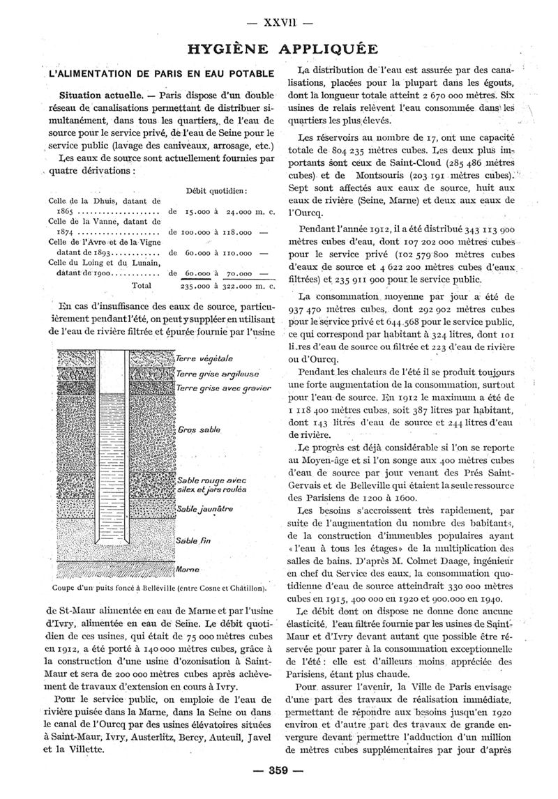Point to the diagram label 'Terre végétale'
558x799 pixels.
tap(204, 358)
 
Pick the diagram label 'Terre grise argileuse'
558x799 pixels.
tap(218, 374)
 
